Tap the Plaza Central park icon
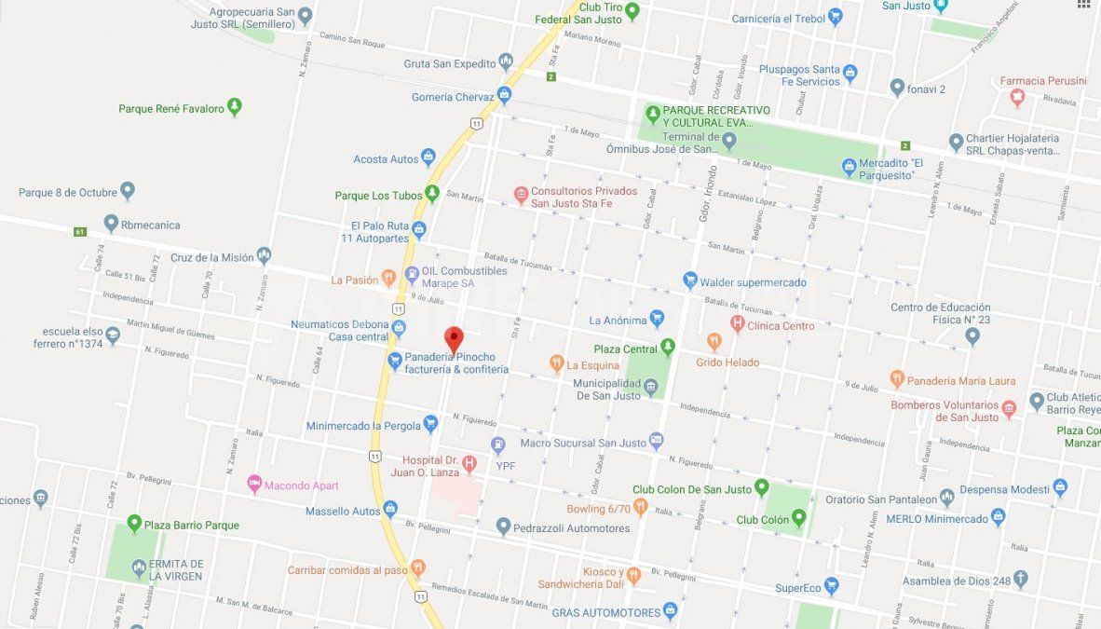point(667,349)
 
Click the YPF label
point(506,466)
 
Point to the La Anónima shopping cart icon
point(657,320)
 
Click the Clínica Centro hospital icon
point(738,325)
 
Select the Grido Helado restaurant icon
point(714,342)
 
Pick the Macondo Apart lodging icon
point(254,485)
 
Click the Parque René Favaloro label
point(171,108)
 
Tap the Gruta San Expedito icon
point(506,63)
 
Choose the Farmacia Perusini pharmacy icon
point(1017,96)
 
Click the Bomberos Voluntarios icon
point(1009,408)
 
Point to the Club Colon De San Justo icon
point(761,487)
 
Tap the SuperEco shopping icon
point(832,587)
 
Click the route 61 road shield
point(80,231)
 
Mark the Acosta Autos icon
point(428,158)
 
